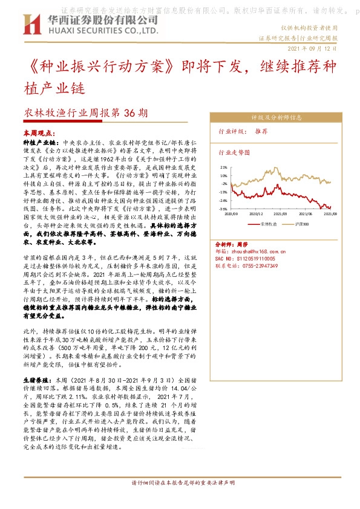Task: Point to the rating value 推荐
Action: tap(262, 131)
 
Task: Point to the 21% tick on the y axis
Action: tap(224, 167)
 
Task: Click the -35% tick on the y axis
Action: tap(223, 209)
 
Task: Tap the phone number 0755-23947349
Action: tap(258, 265)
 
